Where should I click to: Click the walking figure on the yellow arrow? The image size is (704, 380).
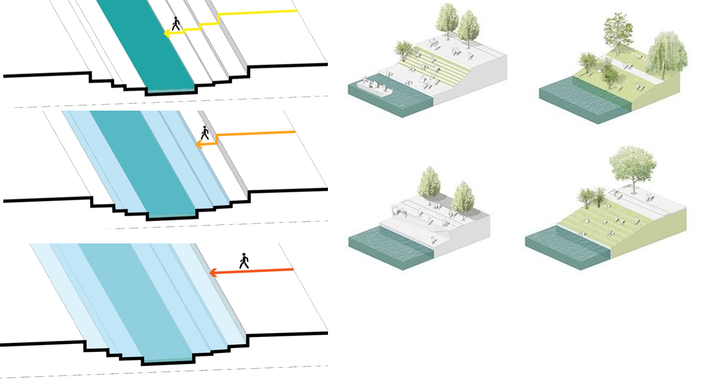[176, 24]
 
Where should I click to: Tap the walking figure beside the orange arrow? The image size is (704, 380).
[205, 133]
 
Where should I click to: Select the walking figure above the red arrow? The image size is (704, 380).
[244, 261]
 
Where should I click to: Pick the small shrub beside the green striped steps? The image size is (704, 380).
[404, 50]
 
